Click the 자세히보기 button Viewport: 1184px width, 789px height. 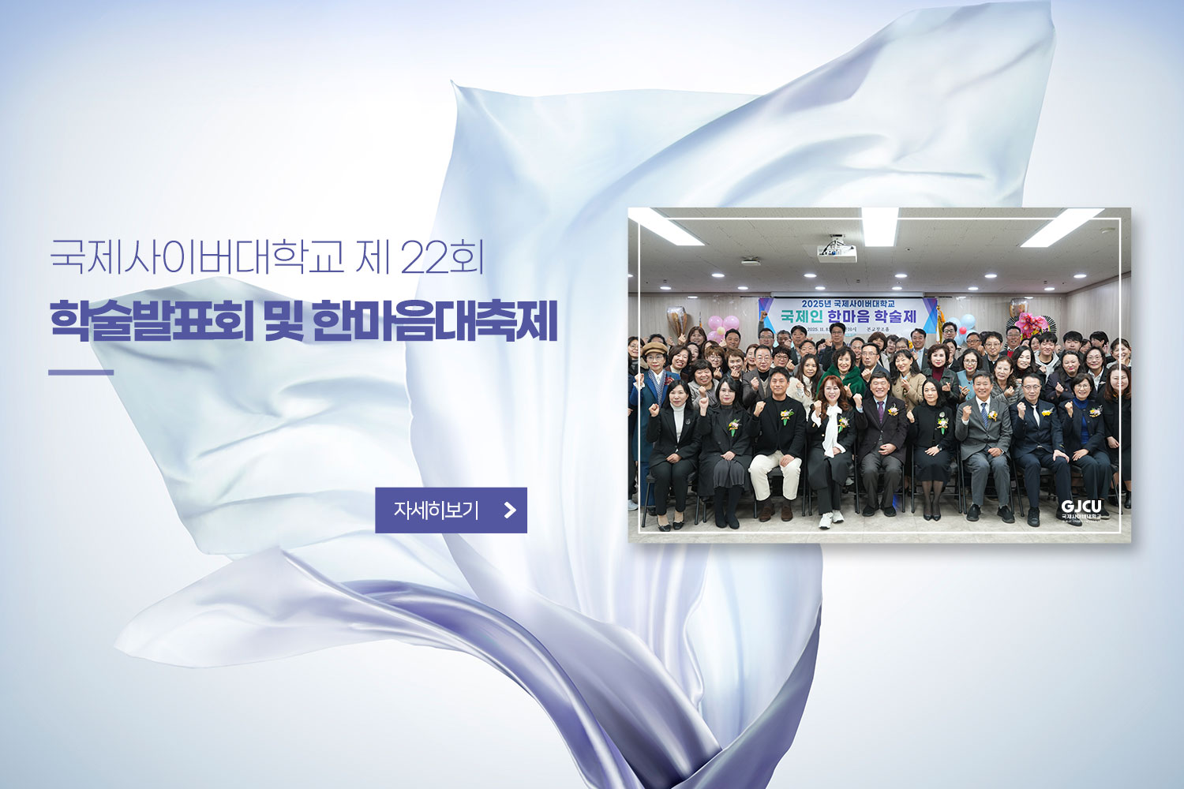[450, 510]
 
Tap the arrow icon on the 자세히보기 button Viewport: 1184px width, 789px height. [510, 510]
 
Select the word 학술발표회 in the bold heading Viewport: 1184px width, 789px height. [152, 321]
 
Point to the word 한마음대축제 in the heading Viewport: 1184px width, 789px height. [435, 321]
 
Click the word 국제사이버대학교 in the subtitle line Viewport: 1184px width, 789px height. [197, 257]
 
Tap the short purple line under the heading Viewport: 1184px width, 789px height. [81, 372]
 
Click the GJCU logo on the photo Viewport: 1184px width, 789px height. [1081, 507]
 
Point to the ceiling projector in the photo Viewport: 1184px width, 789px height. [835, 252]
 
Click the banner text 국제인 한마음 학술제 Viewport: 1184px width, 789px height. [849, 316]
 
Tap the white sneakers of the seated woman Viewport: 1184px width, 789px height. [831, 518]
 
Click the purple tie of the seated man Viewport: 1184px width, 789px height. [881, 415]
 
